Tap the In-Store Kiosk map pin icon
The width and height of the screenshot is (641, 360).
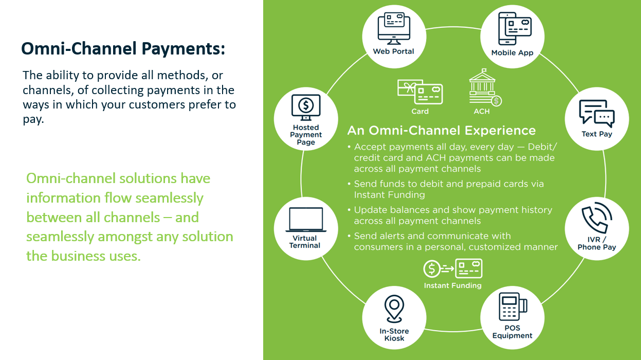point(394,308)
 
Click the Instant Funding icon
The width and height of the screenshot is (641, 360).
point(452,269)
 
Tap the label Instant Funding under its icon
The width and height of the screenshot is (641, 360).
point(452,285)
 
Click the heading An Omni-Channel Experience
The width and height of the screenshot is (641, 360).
point(441,130)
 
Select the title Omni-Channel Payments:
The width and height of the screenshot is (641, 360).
point(123,49)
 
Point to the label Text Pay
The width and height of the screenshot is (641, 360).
point(597,134)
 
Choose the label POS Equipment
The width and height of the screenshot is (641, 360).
point(512,332)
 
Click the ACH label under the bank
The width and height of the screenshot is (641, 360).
point(482,111)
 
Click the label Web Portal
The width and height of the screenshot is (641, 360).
point(394,51)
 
